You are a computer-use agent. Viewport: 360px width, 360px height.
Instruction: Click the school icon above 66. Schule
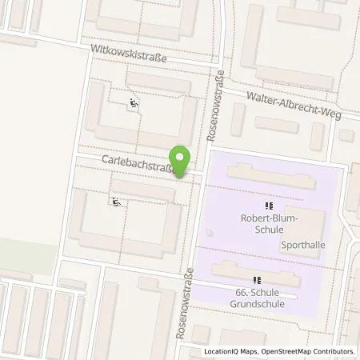pos(256,280)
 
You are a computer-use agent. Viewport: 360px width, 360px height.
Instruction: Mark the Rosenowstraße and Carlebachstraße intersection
pos(200,177)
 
